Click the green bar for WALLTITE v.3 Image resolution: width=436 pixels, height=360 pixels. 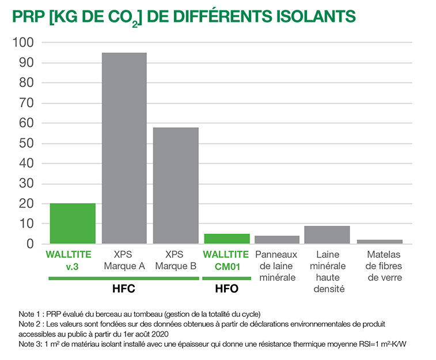(x=73, y=223)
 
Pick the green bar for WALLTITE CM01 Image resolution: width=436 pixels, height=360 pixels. (x=227, y=238)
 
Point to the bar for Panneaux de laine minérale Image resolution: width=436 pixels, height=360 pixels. (x=277, y=240)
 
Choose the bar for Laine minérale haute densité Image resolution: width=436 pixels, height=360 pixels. (x=327, y=234)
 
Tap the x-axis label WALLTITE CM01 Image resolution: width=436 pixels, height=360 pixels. (x=227, y=260)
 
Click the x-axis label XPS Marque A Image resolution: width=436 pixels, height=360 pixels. (x=124, y=260)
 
